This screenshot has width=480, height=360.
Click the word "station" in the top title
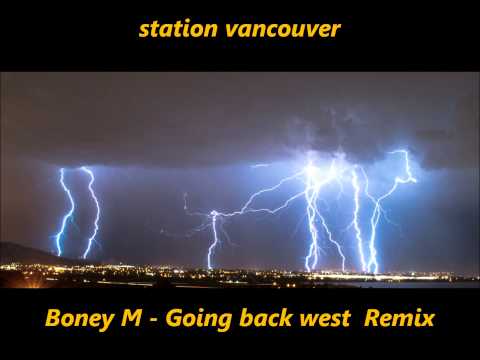click(x=169, y=29)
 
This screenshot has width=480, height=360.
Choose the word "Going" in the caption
click(x=190, y=321)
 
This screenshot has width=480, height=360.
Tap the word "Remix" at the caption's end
click(x=400, y=320)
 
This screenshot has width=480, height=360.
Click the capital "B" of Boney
click(x=53, y=320)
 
